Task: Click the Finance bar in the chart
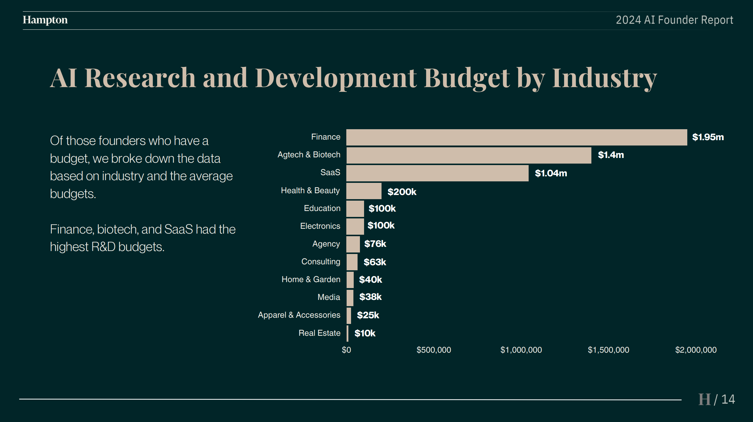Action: (x=517, y=137)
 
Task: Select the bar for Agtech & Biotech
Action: (x=469, y=155)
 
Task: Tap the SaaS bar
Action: (x=437, y=173)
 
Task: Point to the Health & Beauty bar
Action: (x=364, y=191)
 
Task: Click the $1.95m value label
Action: (x=708, y=137)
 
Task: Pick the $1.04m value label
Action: (x=551, y=173)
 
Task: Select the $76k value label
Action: (x=375, y=244)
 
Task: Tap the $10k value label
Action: (x=365, y=333)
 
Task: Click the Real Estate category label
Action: (x=319, y=333)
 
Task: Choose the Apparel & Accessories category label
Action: (x=299, y=315)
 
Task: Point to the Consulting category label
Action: (x=321, y=262)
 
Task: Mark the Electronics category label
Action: (x=320, y=226)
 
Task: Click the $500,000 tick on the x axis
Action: (x=434, y=350)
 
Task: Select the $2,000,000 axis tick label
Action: (x=696, y=350)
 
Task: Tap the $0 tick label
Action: (x=346, y=350)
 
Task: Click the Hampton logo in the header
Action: (x=45, y=20)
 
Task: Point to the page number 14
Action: (x=728, y=399)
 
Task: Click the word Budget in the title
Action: (x=467, y=78)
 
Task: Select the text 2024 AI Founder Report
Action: (x=674, y=20)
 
